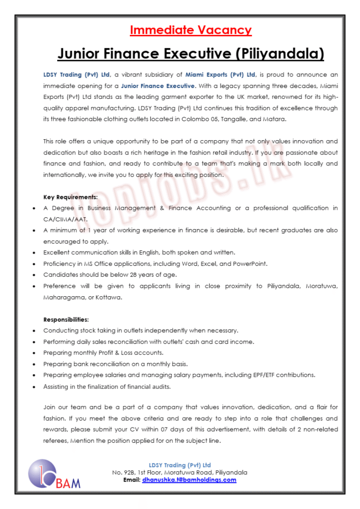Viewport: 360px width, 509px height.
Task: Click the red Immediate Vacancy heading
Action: (x=190, y=30)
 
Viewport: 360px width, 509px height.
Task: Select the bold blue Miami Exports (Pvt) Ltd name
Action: (x=220, y=75)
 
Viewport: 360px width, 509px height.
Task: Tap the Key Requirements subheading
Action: (x=70, y=197)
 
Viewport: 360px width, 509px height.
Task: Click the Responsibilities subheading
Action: (x=66, y=319)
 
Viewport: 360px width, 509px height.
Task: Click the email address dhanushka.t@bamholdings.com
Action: (x=189, y=480)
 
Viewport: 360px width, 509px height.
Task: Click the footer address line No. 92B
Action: (x=180, y=472)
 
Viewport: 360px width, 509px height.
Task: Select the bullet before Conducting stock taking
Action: (x=33, y=331)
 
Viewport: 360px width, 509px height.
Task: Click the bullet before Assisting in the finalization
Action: (x=33, y=386)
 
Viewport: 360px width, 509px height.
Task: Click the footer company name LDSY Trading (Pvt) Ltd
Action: (x=180, y=465)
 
